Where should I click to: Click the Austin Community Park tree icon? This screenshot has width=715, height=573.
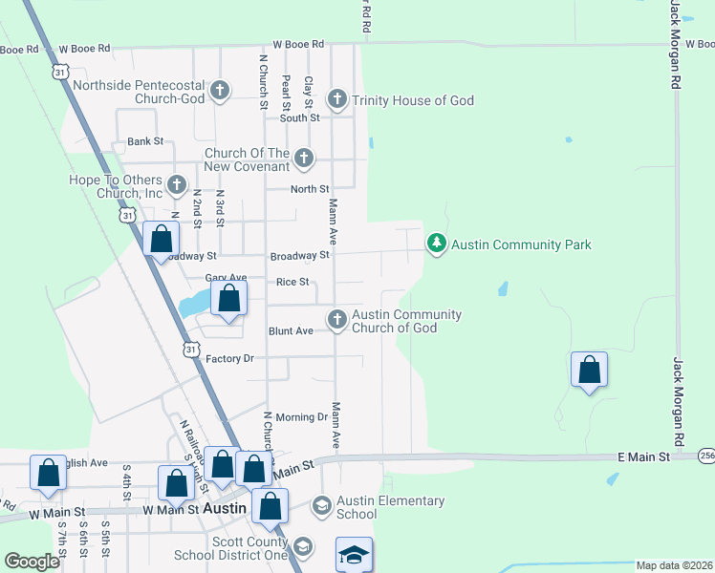(437, 244)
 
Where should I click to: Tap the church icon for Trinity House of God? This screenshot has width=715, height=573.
(336, 99)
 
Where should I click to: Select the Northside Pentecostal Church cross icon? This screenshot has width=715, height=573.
(220, 92)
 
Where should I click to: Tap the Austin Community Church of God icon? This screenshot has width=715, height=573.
(336, 321)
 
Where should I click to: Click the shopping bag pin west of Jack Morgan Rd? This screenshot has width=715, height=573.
(589, 370)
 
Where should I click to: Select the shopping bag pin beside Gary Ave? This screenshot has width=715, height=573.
(229, 298)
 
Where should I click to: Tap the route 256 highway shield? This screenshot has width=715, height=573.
(705, 456)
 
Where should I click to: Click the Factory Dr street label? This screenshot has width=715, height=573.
(230, 359)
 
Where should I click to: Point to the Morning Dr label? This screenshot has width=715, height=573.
(301, 417)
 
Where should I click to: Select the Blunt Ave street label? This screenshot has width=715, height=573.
(291, 331)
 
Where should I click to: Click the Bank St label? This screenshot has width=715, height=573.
(145, 141)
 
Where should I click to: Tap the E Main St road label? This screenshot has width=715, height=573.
(643, 457)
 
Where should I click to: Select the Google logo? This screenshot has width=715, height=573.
(32, 562)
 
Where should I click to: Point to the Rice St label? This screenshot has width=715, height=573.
(292, 282)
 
